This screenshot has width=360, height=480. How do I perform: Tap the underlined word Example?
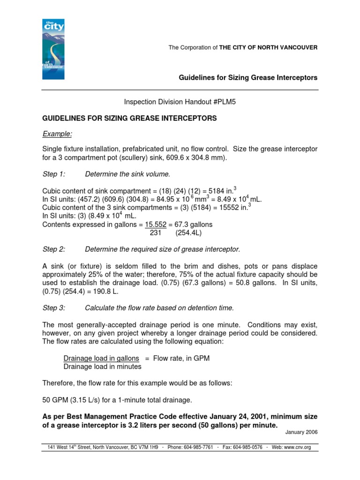coord(57,134)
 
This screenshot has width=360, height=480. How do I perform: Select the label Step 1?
coord(53,174)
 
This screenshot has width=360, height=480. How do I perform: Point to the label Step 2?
coord(53,248)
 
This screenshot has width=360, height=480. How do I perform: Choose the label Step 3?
coord(53,307)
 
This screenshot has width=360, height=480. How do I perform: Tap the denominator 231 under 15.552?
coord(155,232)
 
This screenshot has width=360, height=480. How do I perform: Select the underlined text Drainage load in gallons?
coord(101,358)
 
